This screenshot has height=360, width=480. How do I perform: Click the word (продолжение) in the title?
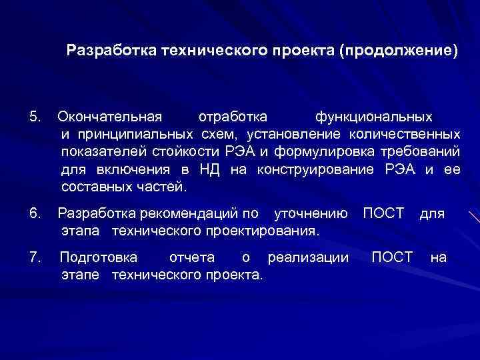click(x=399, y=51)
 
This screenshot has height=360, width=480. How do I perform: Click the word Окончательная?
click(x=110, y=117)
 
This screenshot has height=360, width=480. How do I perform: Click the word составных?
click(x=93, y=187)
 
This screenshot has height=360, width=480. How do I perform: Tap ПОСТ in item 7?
click(x=392, y=257)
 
